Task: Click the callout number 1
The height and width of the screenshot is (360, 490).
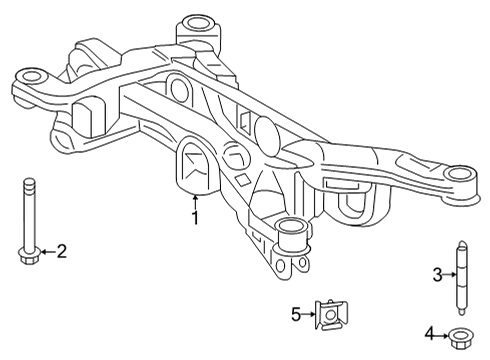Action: pos(196,217)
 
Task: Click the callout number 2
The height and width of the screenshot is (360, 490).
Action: pos(60,251)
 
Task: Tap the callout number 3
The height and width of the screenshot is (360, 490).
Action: pos(437,274)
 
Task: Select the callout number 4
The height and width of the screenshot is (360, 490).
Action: pos(428,333)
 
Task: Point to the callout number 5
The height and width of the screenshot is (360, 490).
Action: pos(296,315)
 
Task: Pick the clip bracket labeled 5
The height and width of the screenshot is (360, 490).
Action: pos(329,315)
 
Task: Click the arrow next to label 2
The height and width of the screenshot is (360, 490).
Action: pos(45,251)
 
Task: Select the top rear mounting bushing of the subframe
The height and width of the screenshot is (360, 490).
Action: pos(196,22)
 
